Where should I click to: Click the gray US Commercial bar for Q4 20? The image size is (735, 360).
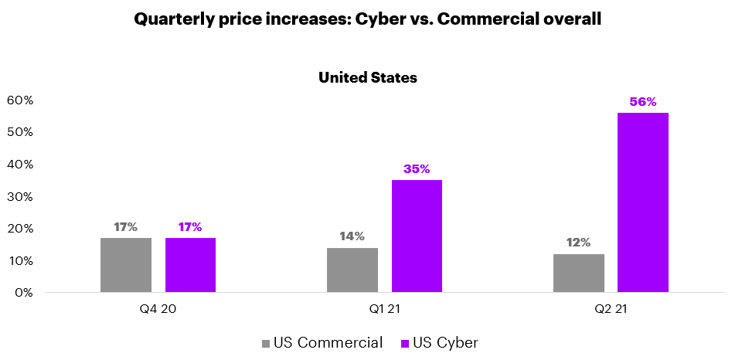(x=126, y=265)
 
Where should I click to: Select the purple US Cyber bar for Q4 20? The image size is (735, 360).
(x=190, y=265)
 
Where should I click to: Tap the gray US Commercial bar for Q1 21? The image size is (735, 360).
(x=352, y=270)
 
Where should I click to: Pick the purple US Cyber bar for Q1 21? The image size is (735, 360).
(x=417, y=236)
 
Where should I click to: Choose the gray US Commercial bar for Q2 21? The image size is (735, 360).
(x=579, y=273)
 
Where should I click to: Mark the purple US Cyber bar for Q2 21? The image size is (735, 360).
(x=643, y=202)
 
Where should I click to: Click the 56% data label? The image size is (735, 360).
(x=643, y=102)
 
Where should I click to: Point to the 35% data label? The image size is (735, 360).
(x=417, y=169)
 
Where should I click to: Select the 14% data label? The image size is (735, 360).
(x=352, y=236)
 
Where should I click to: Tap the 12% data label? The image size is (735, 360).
(x=579, y=243)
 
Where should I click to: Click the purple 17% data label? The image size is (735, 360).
(x=190, y=227)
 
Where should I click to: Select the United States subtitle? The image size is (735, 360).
(x=368, y=77)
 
